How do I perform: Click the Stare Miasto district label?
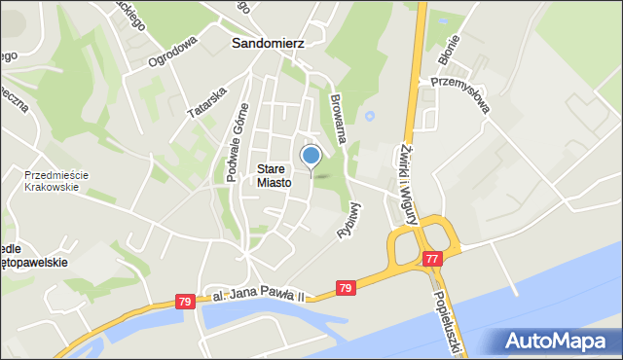pyautogui.click(x=274, y=175)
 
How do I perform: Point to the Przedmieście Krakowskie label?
pyautogui.click(x=57, y=181)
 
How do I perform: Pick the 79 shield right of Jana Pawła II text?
pyautogui.click(x=345, y=288)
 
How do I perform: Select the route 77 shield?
pyautogui.click(x=431, y=258)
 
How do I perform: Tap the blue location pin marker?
pyautogui.click(x=311, y=156)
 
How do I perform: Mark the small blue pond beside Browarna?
pyautogui.click(x=369, y=119)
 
